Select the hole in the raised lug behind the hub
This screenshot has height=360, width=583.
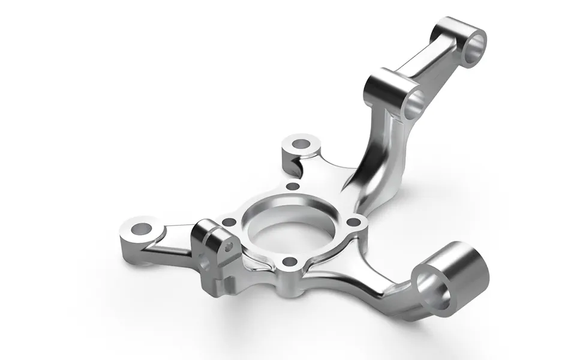(299, 145)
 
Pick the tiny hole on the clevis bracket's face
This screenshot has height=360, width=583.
(228, 246)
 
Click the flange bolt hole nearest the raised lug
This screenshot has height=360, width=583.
(293, 187)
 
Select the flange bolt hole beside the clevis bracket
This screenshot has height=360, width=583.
(229, 222)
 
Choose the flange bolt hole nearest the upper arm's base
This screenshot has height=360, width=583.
(354, 223)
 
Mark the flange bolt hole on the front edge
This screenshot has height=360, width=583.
(290, 262)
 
